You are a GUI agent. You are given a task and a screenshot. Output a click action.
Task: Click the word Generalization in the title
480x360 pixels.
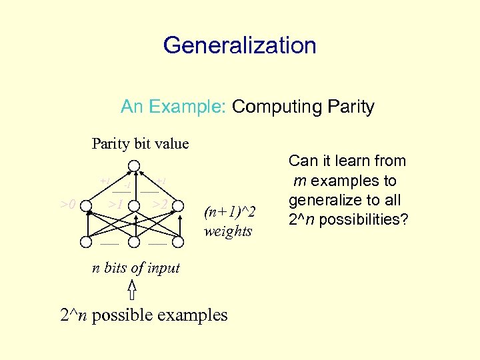tap(239, 45)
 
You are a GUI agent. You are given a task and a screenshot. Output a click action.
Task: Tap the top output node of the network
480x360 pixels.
tap(134, 165)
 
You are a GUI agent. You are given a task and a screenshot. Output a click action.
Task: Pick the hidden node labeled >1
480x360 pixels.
tap(134, 207)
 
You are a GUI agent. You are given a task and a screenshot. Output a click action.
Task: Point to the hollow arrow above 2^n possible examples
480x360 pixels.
tap(132, 291)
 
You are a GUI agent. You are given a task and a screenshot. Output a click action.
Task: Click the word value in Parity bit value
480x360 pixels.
tap(172, 143)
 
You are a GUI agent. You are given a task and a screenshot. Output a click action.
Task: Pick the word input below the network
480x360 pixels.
tap(163, 268)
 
